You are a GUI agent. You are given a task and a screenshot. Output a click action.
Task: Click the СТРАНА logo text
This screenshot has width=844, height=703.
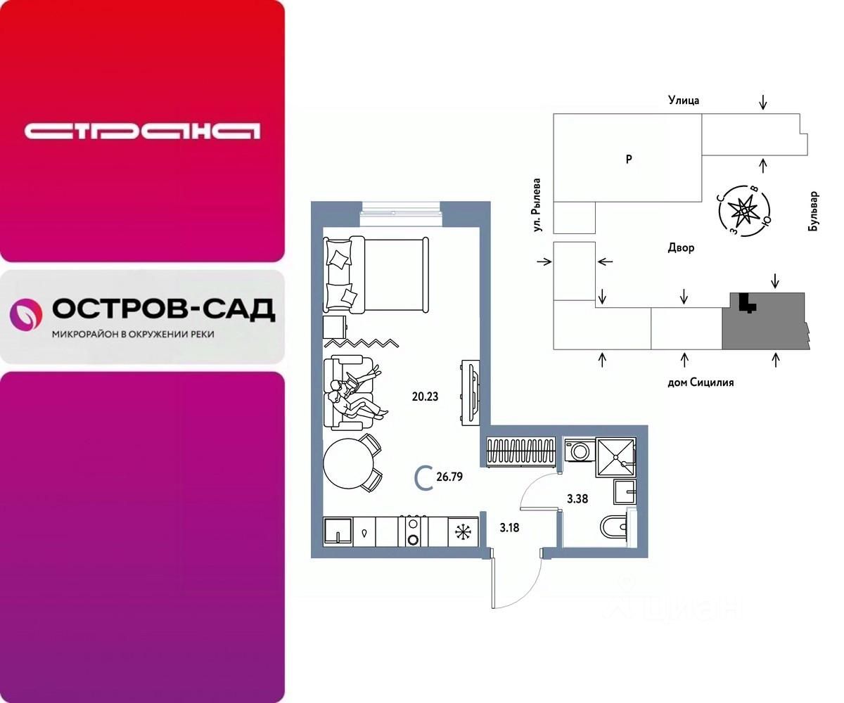pyautogui.click(x=142, y=131)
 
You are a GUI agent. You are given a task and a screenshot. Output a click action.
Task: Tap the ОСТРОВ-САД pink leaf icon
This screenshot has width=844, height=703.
pyautogui.click(x=26, y=314)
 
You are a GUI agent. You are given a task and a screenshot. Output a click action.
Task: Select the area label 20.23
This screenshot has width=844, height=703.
pyautogui.click(x=425, y=396)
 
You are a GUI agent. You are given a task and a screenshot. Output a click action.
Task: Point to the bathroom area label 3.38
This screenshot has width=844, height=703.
pyautogui.click(x=578, y=500)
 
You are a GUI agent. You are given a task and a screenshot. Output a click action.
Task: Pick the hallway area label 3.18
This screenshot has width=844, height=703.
pyautogui.click(x=510, y=527)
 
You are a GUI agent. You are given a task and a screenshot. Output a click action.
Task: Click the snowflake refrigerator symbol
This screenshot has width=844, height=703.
pyautogui.click(x=463, y=532)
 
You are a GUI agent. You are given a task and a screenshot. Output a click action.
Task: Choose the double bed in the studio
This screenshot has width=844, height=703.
pyautogui.click(x=376, y=274)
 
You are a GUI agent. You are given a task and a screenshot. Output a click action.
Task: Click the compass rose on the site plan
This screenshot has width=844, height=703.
pyautogui.click(x=743, y=209)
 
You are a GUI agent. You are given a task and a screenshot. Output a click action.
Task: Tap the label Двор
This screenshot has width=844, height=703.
pyautogui.click(x=682, y=248)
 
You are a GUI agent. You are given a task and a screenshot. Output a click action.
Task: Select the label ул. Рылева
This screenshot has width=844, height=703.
pyautogui.click(x=537, y=205)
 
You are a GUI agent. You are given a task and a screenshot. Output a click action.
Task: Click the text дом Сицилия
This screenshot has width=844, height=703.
pyautogui.click(x=701, y=382)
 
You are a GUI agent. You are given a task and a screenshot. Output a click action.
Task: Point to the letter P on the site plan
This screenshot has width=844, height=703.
pyautogui.click(x=629, y=160)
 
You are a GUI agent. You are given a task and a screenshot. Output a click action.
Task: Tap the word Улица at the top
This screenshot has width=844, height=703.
pyautogui.click(x=684, y=101)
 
